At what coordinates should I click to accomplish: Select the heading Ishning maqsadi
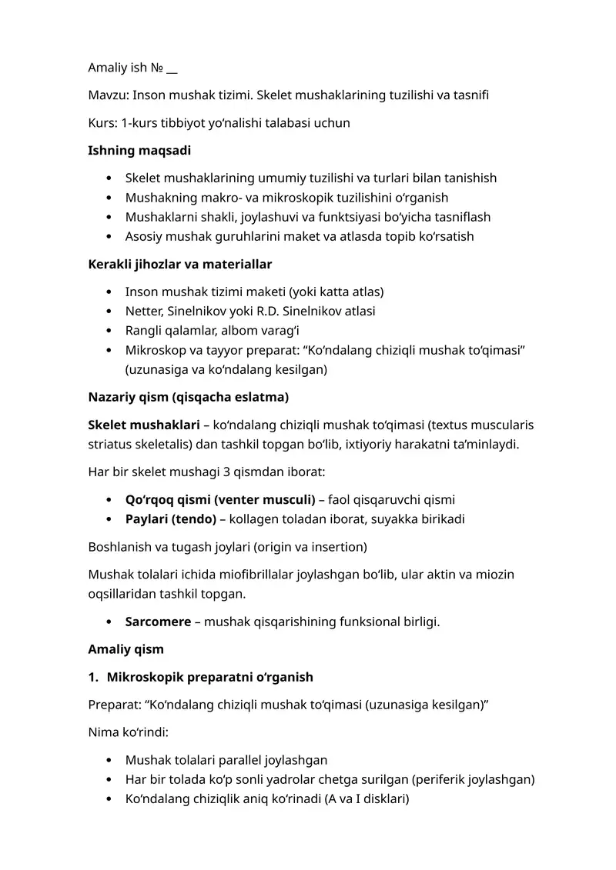(x=139, y=150)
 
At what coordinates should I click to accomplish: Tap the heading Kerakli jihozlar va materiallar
(x=180, y=264)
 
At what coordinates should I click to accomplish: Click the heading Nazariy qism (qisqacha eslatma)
(x=189, y=398)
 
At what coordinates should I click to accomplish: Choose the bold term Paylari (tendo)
(x=171, y=518)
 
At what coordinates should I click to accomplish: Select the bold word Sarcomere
(x=158, y=622)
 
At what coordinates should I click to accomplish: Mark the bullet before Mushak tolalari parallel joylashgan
(x=109, y=760)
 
